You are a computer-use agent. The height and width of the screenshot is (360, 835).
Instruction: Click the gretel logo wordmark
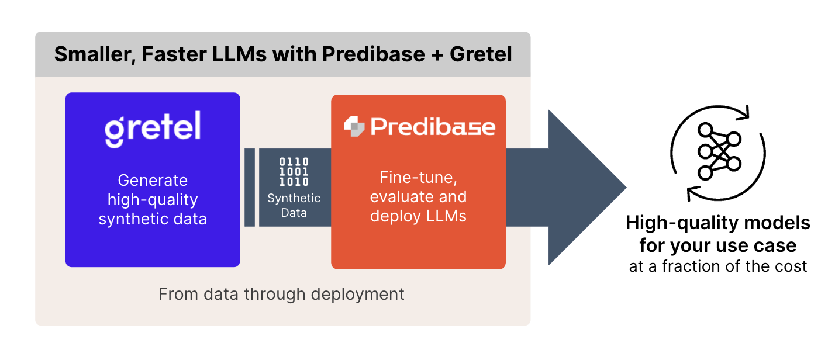153,128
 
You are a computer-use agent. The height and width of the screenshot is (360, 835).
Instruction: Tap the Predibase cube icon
354,127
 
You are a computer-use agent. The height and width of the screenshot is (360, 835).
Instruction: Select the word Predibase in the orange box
433,127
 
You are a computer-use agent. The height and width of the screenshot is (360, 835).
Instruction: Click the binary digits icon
294,172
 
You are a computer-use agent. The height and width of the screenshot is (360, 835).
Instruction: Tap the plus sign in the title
437,54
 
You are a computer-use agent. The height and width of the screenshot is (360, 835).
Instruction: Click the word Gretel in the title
481,54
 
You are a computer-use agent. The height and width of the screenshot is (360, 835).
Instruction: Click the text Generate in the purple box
153,180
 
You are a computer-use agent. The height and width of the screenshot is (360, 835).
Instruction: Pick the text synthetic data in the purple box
153,219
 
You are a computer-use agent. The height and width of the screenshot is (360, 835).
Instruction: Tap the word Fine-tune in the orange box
418,177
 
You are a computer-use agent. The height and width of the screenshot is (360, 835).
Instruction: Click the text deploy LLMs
418,216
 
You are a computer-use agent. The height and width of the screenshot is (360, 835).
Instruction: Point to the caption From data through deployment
281,293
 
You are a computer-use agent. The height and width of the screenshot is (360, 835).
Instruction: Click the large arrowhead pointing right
585,188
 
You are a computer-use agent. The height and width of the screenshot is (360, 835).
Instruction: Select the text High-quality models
718,223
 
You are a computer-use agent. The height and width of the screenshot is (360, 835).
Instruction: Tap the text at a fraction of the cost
718,266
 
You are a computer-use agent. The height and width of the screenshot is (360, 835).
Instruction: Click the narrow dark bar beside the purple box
250,188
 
